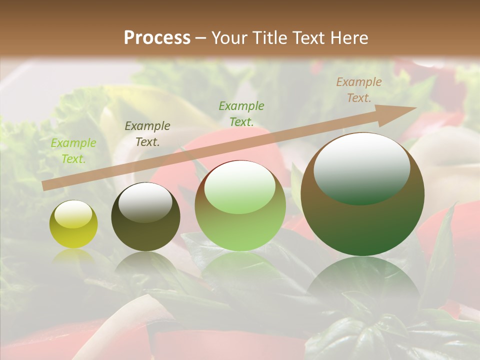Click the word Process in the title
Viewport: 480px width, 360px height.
[x=157, y=38]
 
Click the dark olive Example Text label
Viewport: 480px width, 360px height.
[x=147, y=134]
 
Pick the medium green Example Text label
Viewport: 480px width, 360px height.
[x=241, y=113]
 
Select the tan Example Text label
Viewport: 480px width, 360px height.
[x=359, y=90]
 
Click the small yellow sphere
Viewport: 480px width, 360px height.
[x=73, y=231]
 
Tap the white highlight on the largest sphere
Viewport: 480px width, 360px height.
[x=361, y=167]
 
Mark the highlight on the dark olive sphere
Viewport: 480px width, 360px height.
[x=145, y=201]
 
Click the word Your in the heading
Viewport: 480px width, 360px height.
[x=228, y=38]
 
